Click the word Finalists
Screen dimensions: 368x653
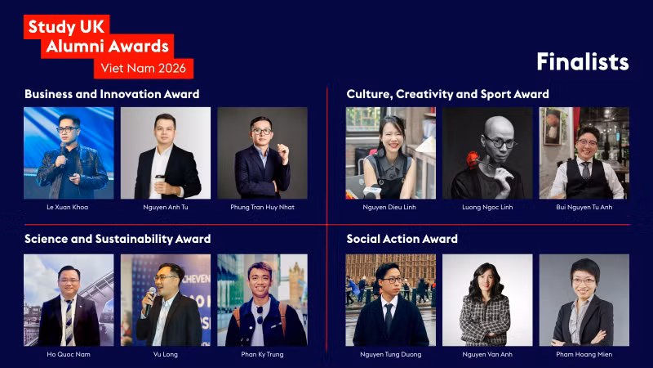pos(582,61)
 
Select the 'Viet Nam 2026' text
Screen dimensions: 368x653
pos(143,68)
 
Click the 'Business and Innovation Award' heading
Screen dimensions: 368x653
pos(112,94)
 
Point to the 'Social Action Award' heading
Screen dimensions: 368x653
pos(402,239)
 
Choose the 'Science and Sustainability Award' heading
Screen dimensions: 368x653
pos(118,239)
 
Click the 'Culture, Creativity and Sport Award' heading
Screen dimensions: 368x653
pos(447,94)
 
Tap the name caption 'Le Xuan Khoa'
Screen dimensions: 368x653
pos(68,207)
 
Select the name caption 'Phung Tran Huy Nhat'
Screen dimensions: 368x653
pos(262,207)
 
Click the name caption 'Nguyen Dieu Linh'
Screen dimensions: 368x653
pos(390,207)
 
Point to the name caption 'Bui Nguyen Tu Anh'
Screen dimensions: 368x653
pos(584,207)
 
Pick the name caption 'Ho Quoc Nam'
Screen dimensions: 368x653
pos(68,354)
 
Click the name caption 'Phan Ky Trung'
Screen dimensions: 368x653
pos(262,354)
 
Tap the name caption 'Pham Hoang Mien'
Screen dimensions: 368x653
pos(584,354)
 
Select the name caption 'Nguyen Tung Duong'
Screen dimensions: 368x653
pos(390,354)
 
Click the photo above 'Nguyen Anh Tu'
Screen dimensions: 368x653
pos(165,153)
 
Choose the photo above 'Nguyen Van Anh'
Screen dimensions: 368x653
pos(487,299)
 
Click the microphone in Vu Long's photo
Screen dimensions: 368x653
pos(149,292)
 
